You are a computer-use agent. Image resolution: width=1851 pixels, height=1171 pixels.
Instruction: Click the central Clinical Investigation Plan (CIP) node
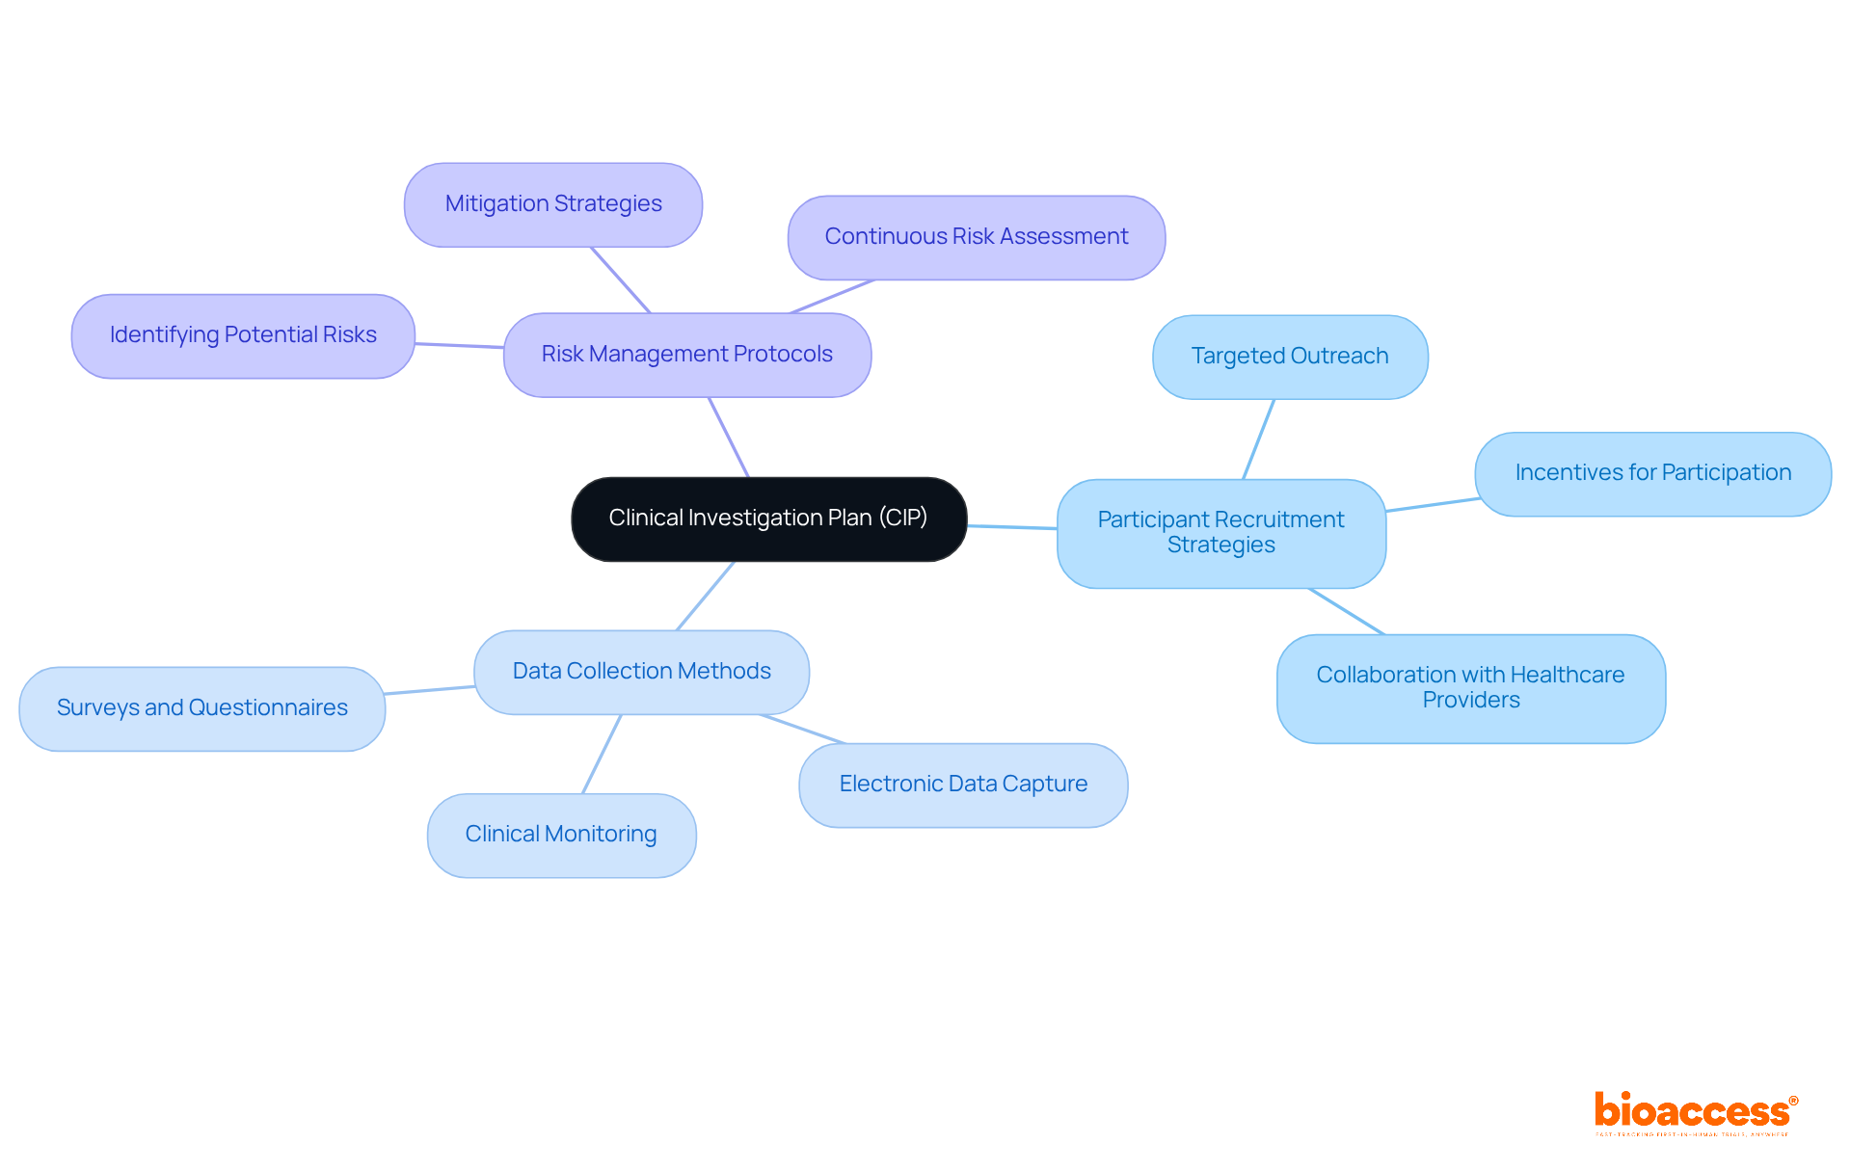(x=768, y=519)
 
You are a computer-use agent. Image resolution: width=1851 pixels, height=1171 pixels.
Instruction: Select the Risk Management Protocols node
(x=686, y=355)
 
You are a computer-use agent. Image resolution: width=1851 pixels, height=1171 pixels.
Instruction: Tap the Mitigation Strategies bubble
(x=552, y=204)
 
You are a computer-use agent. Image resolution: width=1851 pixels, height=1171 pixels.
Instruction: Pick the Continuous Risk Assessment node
(x=976, y=237)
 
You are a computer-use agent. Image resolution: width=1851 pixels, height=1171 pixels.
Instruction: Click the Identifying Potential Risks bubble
(x=243, y=335)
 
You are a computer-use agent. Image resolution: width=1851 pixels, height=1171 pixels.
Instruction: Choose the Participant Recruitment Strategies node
(x=1221, y=533)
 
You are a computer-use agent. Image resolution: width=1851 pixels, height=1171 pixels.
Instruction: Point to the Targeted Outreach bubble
(x=1289, y=357)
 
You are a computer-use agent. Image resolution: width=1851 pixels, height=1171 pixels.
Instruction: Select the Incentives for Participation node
(x=1652, y=473)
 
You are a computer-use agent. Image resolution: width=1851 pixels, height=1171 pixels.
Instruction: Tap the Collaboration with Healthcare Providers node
(x=1470, y=688)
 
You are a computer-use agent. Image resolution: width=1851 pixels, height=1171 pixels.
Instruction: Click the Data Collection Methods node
(x=641, y=672)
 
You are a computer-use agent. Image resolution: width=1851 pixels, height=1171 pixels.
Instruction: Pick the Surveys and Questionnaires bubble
(x=201, y=708)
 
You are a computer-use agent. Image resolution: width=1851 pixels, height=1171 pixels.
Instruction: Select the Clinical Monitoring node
(x=561, y=835)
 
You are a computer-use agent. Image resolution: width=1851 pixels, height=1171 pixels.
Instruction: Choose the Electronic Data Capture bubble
(x=962, y=785)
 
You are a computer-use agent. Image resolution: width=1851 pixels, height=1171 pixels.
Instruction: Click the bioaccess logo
(x=1694, y=1113)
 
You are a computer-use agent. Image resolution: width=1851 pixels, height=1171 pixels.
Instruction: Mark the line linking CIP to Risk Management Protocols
(x=729, y=438)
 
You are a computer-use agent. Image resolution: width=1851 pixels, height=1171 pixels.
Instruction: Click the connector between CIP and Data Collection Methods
(x=706, y=596)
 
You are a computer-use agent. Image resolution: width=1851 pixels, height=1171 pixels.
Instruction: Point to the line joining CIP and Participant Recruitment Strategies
(x=1012, y=527)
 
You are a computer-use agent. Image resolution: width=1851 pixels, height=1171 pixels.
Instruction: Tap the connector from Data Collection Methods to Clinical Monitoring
(x=602, y=754)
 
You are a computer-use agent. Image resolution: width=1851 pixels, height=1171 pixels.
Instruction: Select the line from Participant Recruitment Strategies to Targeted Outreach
(x=1258, y=439)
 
